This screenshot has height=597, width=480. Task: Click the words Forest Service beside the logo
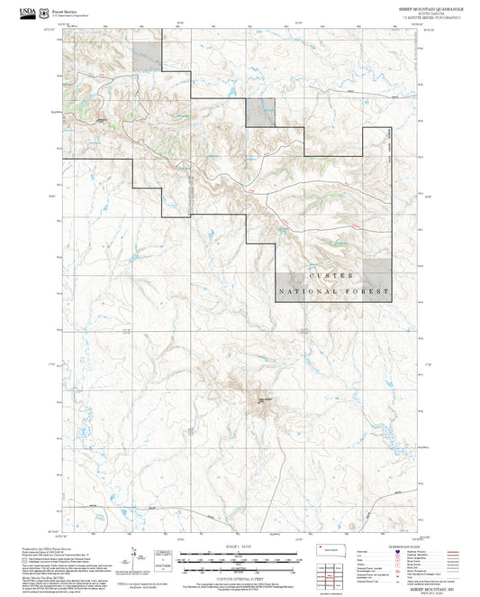[65, 9]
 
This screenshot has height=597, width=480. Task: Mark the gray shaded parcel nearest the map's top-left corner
[147, 56]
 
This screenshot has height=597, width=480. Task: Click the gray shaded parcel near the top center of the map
[260, 112]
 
